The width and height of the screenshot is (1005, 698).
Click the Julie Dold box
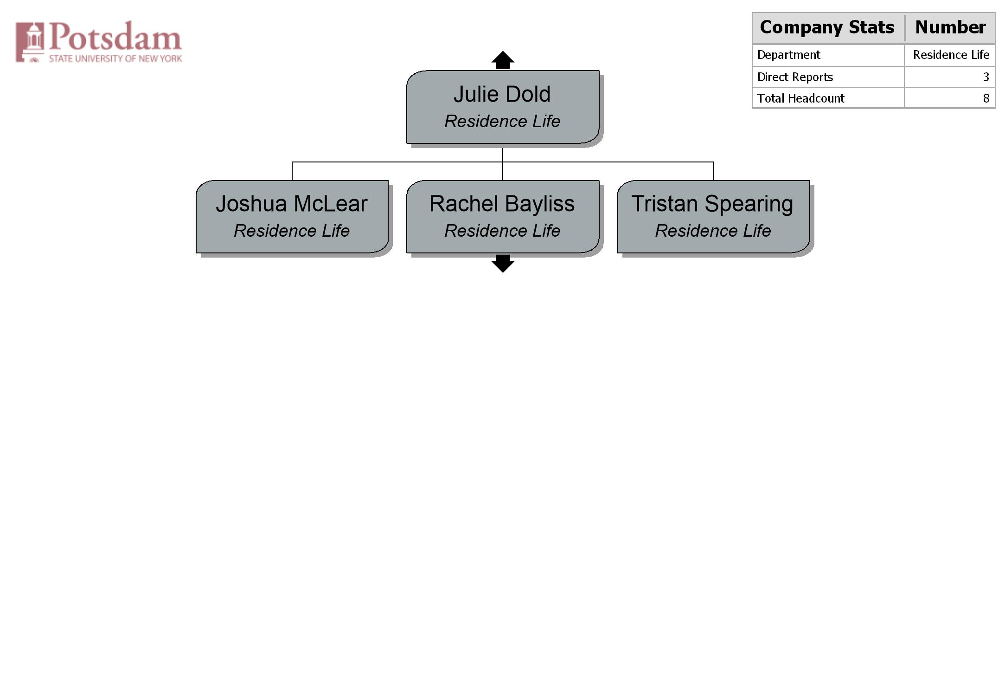503,107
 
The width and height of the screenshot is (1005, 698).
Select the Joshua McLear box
292,217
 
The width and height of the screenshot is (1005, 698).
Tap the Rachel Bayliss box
503,217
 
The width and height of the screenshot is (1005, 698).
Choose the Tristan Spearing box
714,217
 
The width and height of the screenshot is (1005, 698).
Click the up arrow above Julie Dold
503,60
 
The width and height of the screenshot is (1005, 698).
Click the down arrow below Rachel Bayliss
503,264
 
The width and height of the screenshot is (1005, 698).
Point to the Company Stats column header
827,27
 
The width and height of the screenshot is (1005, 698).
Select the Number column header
950,27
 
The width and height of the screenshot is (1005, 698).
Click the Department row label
788,55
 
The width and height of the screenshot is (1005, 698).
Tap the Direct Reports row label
795,77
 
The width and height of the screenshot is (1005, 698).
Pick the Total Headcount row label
800,98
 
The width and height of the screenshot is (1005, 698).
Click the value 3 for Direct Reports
986,77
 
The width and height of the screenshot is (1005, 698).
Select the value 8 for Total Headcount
986,98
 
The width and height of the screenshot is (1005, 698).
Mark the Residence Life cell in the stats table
951,55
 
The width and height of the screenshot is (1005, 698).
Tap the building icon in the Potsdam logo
30,42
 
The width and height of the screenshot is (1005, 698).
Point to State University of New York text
115,58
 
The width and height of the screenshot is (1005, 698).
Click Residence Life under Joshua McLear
292,231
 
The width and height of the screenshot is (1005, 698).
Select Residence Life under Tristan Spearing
713,231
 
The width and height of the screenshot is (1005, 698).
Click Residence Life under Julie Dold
503,121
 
